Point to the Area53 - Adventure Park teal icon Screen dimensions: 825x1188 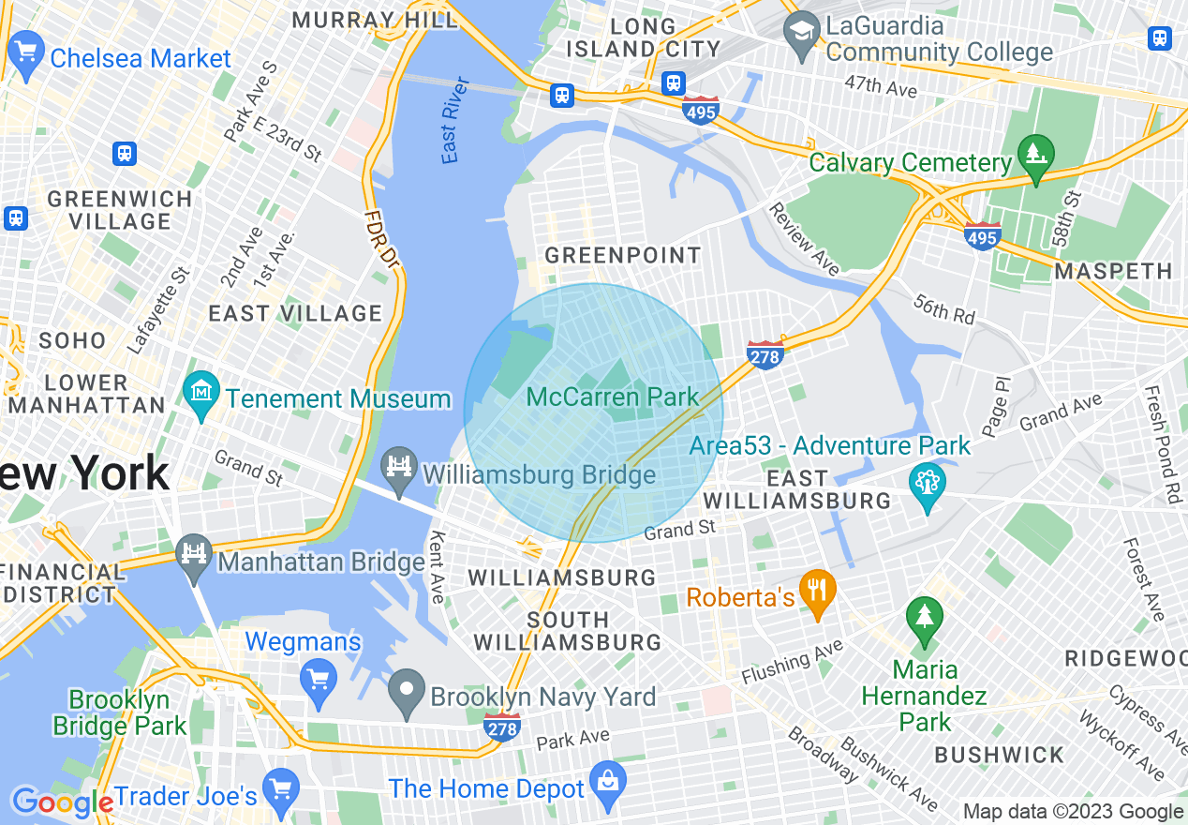928,485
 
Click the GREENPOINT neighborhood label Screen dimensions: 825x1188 623,255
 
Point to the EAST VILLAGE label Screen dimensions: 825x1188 295,313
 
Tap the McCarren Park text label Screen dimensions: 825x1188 613,397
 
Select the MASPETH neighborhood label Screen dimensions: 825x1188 1113,272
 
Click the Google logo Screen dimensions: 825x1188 62,802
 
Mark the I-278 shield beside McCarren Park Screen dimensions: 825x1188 765,354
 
